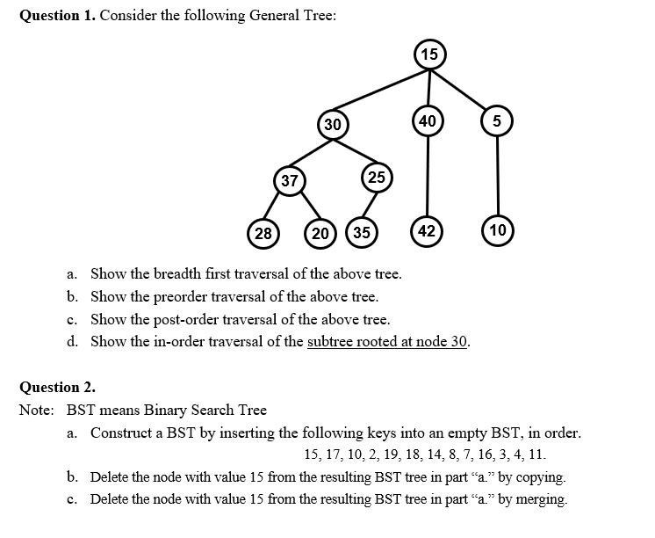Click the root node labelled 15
(428, 55)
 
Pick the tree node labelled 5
(497, 122)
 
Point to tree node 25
(376, 177)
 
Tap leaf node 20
(321, 233)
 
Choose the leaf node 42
(427, 231)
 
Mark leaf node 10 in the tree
(497, 231)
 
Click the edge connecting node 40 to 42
(428, 176)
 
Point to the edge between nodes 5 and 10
(497, 176)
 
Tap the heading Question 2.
(57, 388)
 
